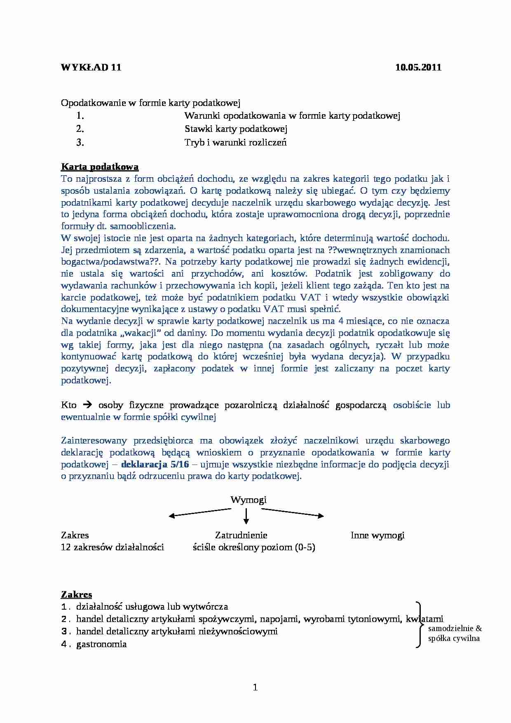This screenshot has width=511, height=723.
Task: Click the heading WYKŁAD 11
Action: pyautogui.click(x=91, y=68)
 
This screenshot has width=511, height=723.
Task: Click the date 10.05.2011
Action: pyautogui.click(x=418, y=68)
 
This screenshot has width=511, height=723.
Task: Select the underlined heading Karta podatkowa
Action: pyautogui.click(x=100, y=167)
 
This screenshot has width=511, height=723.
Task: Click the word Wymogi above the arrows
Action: pyautogui.click(x=248, y=500)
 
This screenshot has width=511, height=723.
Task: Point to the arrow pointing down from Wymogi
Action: pyautogui.click(x=246, y=516)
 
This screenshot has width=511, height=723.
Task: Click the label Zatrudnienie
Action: pyautogui.click(x=241, y=535)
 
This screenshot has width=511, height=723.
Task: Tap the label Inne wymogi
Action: pyautogui.click(x=377, y=535)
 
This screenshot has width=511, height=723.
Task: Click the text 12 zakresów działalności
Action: pyautogui.click(x=112, y=547)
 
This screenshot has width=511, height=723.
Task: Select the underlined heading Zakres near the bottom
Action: pyautogui.click(x=76, y=594)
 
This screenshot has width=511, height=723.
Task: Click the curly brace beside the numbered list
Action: pyautogui.click(x=419, y=624)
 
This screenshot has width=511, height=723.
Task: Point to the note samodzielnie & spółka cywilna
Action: pyautogui.click(x=454, y=634)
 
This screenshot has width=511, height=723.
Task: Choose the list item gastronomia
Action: pyautogui.click(x=101, y=644)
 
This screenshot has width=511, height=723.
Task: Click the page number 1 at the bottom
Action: pyautogui.click(x=255, y=687)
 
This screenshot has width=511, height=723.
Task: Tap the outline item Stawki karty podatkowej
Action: pyautogui.click(x=236, y=129)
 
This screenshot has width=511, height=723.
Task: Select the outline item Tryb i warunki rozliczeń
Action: pyautogui.click(x=235, y=143)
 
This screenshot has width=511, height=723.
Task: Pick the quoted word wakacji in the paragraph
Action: pyautogui.click(x=138, y=333)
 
